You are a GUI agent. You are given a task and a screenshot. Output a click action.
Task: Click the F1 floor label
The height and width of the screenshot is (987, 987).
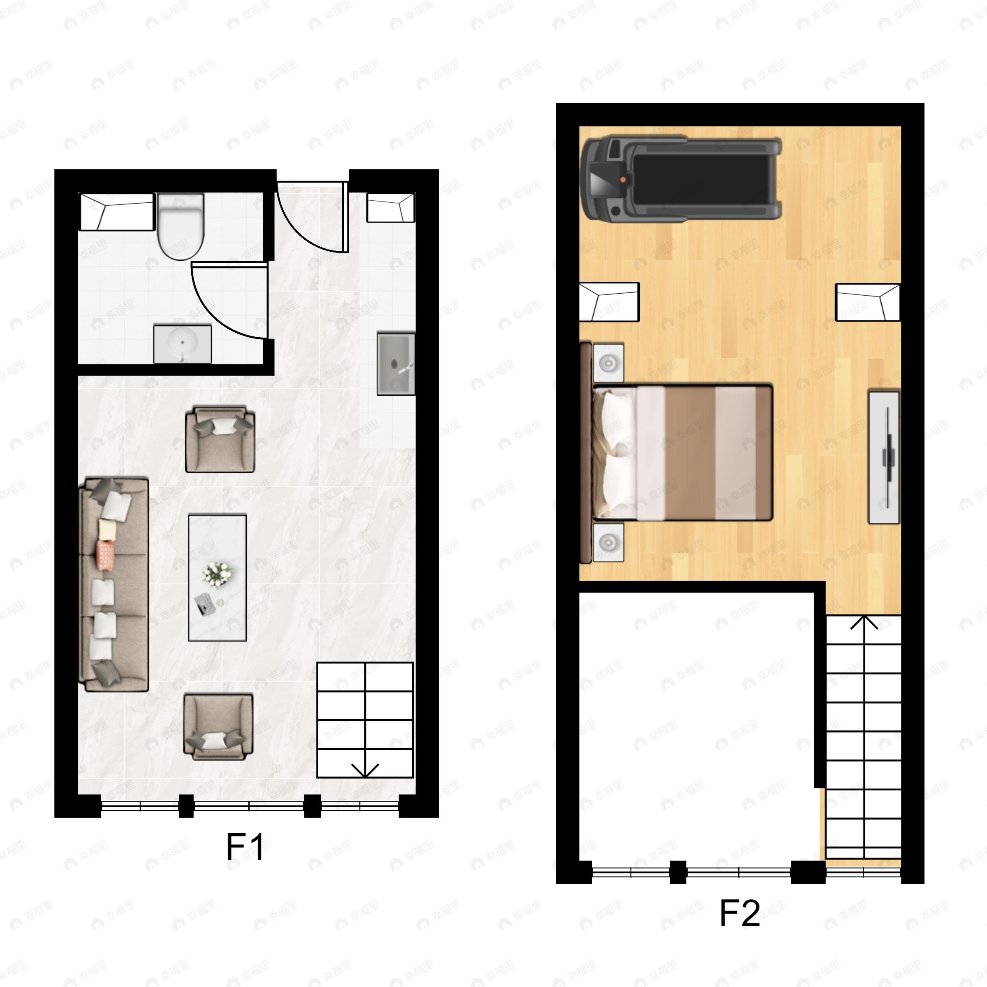[245, 847]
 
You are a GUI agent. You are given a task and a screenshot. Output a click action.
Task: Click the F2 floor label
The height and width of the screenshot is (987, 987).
[740, 913]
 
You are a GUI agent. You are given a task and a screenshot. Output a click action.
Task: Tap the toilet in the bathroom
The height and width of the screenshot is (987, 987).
[181, 226]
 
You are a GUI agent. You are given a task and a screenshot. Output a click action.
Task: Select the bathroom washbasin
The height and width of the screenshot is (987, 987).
[182, 343]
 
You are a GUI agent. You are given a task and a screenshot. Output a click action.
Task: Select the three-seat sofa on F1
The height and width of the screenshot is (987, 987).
[114, 585]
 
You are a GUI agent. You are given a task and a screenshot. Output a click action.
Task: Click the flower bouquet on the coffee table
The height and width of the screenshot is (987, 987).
[218, 574]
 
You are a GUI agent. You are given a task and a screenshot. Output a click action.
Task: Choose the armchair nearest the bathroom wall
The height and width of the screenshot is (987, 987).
[220, 439]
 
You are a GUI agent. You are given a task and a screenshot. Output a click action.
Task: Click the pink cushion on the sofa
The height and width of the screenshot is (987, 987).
[105, 556]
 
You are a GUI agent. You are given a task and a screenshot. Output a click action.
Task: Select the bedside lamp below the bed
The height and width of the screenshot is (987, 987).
[609, 542]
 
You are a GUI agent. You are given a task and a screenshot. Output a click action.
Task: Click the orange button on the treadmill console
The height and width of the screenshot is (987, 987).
[623, 180]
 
